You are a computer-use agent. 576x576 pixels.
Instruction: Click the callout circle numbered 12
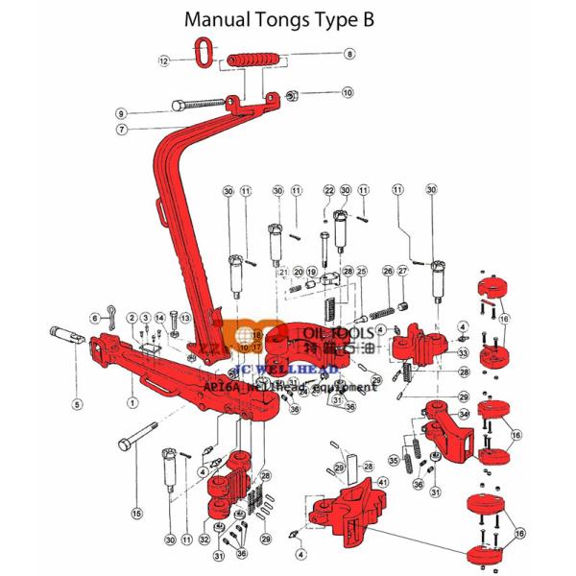pyautogui.click(x=164, y=60)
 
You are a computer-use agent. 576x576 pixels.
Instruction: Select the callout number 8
pyautogui.click(x=349, y=53)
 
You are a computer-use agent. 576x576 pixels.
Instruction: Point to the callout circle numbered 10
pyautogui.click(x=348, y=93)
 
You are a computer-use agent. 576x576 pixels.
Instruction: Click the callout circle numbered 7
pyautogui.click(x=123, y=129)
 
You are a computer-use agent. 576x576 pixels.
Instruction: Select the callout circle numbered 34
pyautogui.click(x=464, y=414)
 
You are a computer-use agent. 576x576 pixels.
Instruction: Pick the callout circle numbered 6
pyautogui.click(x=95, y=318)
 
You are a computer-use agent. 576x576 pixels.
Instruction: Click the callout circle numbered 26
pyautogui.click(x=387, y=272)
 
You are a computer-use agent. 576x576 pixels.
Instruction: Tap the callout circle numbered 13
pyautogui.click(x=184, y=318)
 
